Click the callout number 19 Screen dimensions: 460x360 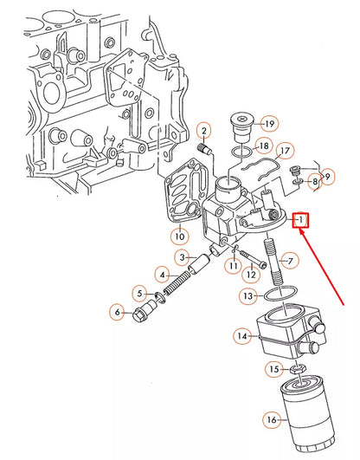(245, 123)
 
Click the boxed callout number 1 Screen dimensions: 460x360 (300, 221)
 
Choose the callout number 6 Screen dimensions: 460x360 (117, 312)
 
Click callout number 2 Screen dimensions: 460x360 (204, 132)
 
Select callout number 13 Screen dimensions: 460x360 (247, 295)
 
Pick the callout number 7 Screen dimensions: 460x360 (290, 260)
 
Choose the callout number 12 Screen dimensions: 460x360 (250, 275)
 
